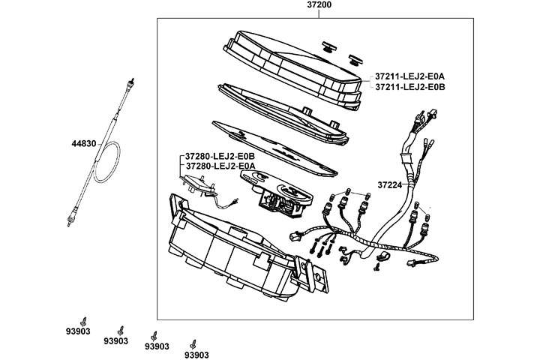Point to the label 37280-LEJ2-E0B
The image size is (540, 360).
click(217, 156)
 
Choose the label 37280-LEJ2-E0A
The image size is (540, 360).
click(217, 166)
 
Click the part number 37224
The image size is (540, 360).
click(389, 184)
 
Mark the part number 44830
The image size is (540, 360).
click(84, 142)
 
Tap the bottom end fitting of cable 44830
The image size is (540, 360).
click(69, 219)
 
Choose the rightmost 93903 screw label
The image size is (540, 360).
click(196, 355)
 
